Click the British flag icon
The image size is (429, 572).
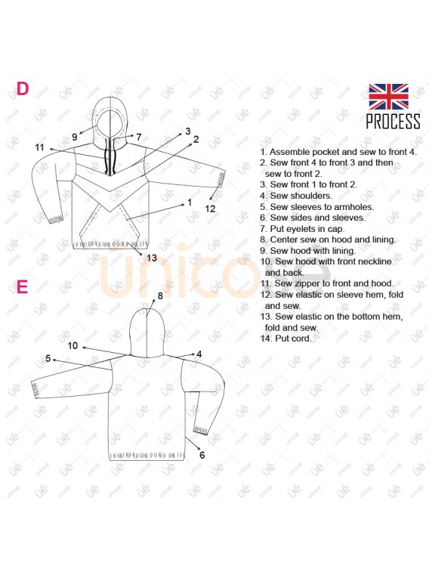point(388,97)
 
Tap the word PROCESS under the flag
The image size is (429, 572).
point(394,122)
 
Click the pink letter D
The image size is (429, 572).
point(22,88)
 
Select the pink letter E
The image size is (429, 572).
point(22,287)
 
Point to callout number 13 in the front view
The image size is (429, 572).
point(152,258)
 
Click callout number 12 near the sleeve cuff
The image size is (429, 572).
point(210,209)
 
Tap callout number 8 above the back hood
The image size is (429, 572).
point(160,296)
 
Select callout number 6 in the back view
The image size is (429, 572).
point(202,455)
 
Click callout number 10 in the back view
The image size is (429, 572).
point(73,345)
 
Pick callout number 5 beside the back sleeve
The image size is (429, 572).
point(48,359)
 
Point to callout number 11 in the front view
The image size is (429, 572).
point(39,147)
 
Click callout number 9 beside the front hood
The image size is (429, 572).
point(74,138)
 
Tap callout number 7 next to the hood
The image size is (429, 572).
point(138,138)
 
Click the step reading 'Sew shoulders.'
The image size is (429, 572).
point(296,196)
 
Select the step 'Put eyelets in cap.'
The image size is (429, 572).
point(302,229)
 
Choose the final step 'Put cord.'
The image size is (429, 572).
point(285,339)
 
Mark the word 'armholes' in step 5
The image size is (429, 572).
point(353,207)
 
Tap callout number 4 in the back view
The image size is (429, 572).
point(199,354)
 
